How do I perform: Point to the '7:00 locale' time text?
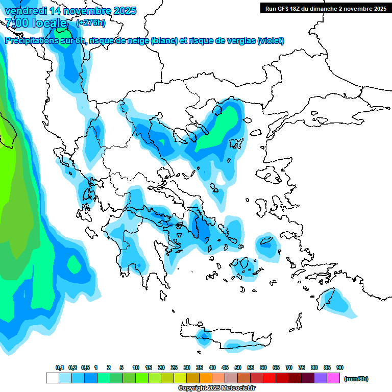coord(36,23)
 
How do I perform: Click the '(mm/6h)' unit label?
coord(356,379)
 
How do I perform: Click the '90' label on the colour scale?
coord(340,367)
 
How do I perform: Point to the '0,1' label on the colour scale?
coord(60,367)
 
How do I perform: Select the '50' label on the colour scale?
coord(238,367)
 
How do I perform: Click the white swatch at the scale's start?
coord(53,378)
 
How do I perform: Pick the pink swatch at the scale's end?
coord(334,378)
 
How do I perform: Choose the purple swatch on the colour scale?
coord(321,378)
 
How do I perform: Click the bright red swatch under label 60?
coord(269,378)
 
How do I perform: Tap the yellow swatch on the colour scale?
coord(180,378)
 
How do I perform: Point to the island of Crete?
coord(225,340)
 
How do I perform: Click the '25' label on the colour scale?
coord(174,367)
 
